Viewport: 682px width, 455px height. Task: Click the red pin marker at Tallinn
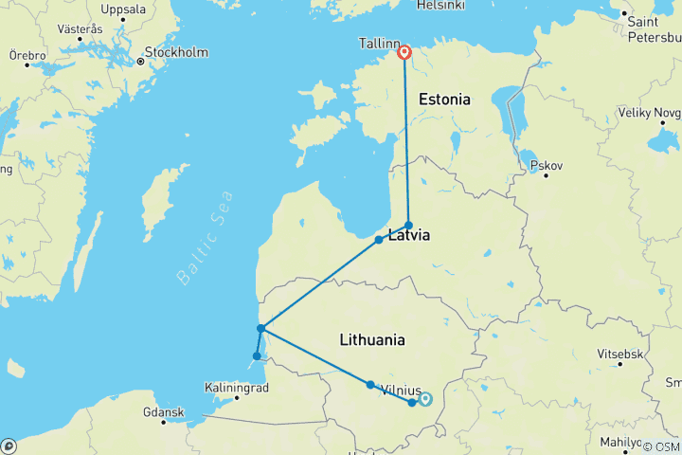[404, 53]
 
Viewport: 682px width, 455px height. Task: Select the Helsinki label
[440, 6]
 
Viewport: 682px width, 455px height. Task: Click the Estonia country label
[444, 99]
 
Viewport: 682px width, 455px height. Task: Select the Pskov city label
[547, 166]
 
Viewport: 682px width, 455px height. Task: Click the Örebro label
[27, 57]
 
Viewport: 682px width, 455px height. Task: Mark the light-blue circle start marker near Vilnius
[425, 399]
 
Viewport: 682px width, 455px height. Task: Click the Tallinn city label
[378, 45]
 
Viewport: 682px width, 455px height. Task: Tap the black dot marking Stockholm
[140, 62]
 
